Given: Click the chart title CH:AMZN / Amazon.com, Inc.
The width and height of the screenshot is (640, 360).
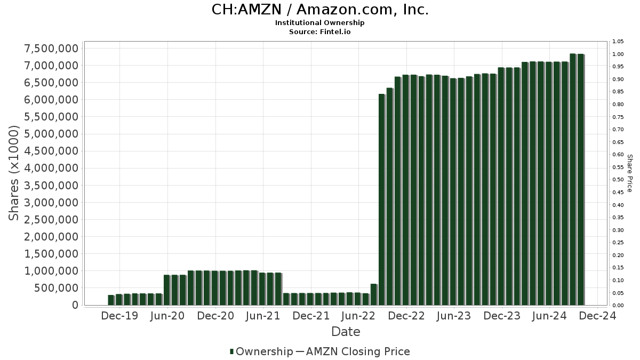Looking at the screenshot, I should tap(320, 10).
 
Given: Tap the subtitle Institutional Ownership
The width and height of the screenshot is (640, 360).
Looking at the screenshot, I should tap(320, 23).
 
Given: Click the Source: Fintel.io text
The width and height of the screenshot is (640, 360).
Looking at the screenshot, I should tap(320, 31).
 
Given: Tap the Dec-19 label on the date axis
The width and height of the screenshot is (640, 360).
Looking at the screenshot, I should tap(119, 316).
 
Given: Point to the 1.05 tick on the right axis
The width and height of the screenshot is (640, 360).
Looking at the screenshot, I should tap(618, 42).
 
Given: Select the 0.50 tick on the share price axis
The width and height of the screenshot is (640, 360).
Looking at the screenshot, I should tap(618, 180).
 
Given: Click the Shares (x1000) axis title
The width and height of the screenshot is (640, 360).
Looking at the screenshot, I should tap(14, 173).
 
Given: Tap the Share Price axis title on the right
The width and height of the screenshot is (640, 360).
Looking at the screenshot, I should tap(629, 173).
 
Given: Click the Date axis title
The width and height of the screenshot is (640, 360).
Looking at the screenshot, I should tap(346, 332).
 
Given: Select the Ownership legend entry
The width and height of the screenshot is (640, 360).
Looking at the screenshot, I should tap(261, 351).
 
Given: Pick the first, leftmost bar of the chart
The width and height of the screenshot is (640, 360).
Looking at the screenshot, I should tap(111, 300).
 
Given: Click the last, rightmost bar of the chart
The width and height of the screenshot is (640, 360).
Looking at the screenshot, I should tap(580, 179).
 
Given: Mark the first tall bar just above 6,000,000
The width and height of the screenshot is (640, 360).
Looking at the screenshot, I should tap(381, 199).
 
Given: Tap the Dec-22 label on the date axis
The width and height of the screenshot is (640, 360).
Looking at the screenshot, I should tap(406, 316).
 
